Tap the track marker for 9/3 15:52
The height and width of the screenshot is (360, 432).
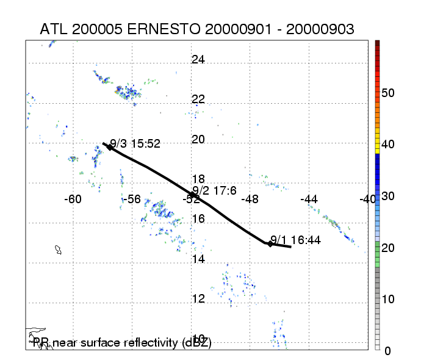[x=110, y=146]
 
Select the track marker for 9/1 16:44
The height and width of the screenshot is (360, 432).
[x=270, y=243]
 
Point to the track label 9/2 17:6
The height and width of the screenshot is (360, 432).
[x=210, y=190]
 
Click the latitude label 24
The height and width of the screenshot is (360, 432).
[x=198, y=60]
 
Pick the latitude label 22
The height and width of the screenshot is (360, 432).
[x=198, y=99]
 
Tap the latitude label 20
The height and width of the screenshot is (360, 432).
[x=198, y=139]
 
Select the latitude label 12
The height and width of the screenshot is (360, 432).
[x=198, y=299]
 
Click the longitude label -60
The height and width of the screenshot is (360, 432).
[x=73, y=199]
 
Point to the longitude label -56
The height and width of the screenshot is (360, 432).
[x=132, y=199]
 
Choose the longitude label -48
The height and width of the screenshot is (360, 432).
[x=250, y=199]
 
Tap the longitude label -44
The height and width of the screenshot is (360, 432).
[x=309, y=199]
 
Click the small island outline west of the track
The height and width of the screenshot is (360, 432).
[x=59, y=250]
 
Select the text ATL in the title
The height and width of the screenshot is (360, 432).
[x=53, y=29]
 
